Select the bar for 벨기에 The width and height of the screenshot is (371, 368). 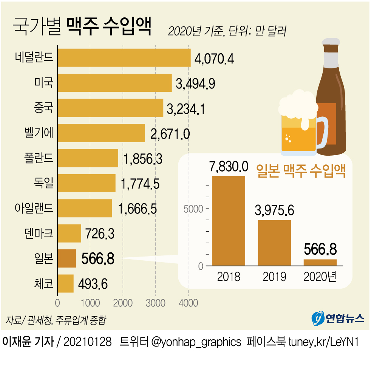[101, 133]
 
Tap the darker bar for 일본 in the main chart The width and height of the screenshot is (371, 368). [67, 258]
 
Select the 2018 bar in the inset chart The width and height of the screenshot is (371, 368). [229, 221]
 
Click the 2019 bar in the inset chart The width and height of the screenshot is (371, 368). [274, 243]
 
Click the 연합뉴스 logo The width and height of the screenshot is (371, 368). [338, 318]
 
